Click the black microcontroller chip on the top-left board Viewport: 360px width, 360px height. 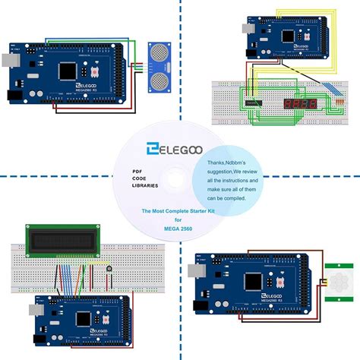67,70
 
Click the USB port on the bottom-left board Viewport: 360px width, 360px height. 34,310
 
